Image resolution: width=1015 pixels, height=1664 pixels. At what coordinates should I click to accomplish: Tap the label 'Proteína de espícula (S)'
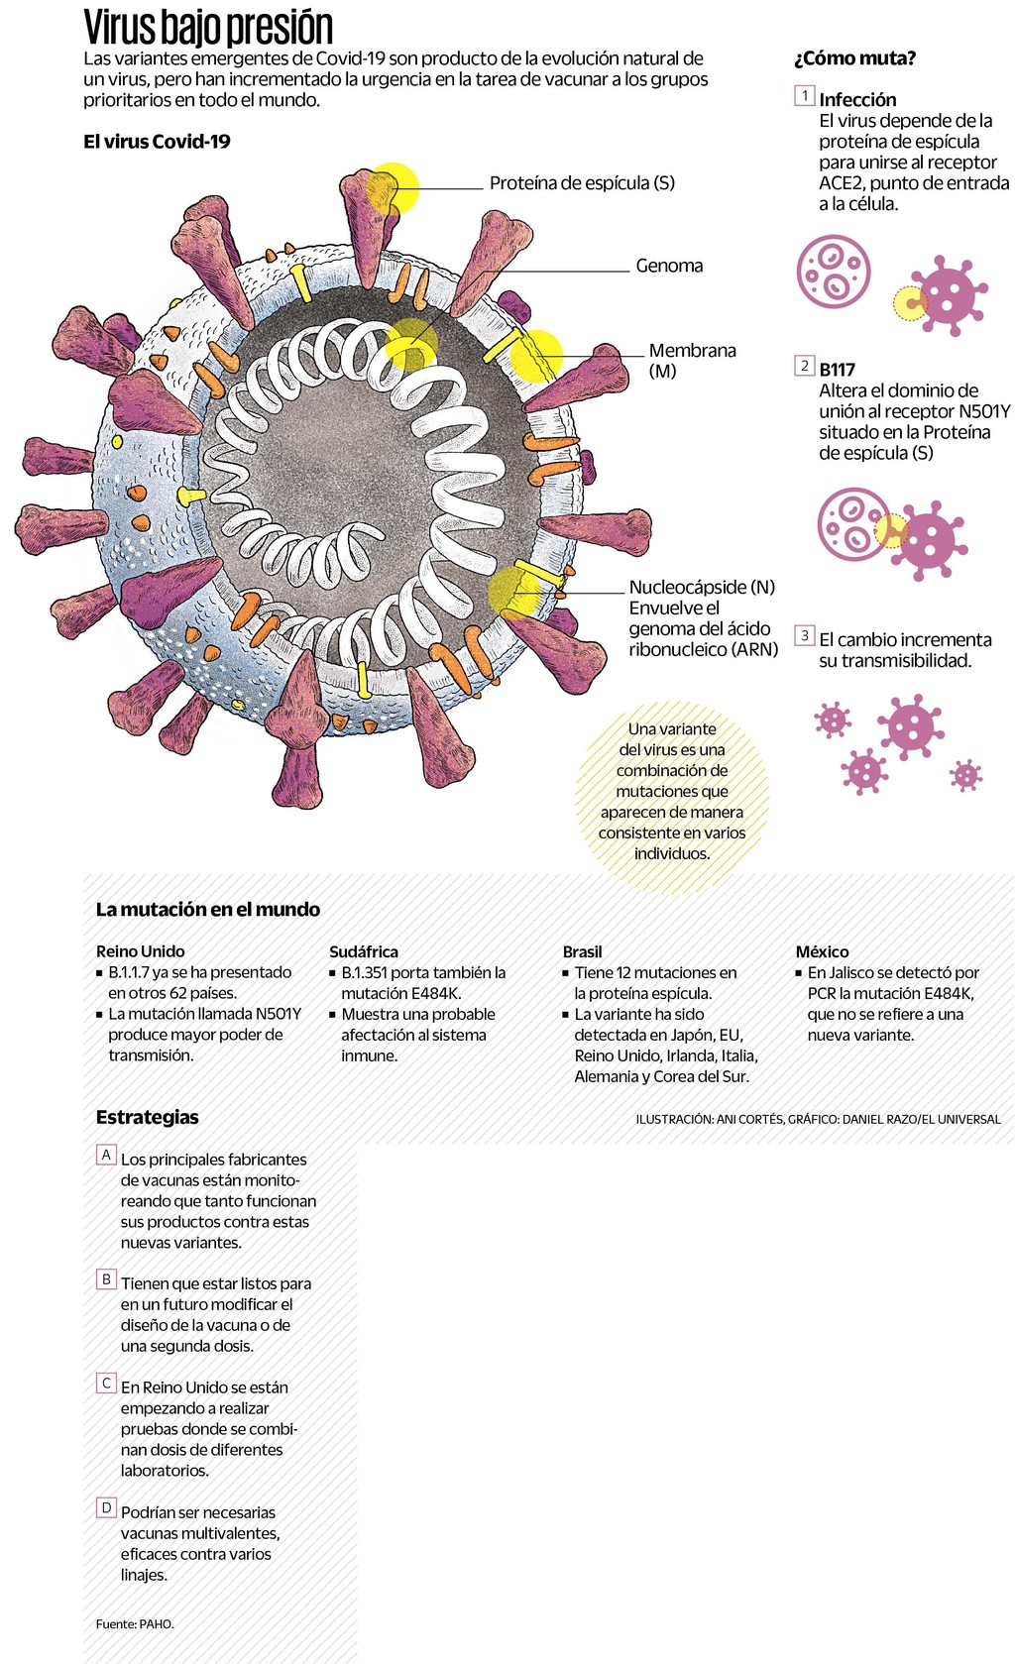click(x=582, y=183)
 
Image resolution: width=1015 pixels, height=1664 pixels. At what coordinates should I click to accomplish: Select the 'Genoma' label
click(x=669, y=266)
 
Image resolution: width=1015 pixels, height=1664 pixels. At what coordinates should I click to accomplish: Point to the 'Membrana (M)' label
click(x=692, y=360)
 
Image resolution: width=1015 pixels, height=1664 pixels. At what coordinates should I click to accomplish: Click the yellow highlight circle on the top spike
click(x=393, y=188)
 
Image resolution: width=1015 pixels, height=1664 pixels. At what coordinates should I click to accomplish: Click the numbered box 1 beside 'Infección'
click(x=805, y=96)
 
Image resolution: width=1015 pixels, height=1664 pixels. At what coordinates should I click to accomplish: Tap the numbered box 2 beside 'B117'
click(x=805, y=366)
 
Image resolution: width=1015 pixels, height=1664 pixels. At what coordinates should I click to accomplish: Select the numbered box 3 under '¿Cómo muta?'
click(x=805, y=635)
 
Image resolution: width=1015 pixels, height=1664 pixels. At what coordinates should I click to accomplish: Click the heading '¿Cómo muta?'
click(x=854, y=58)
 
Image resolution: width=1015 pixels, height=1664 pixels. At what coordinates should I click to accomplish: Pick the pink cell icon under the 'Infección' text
click(x=834, y=272)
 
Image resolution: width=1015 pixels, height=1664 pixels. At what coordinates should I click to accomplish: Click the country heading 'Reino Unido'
click(x=141, y=951)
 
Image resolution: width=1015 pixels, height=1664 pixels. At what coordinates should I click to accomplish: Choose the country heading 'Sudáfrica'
click(x=364, y=951)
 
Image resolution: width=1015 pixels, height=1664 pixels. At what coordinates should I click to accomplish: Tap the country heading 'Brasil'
click(x=583, y=951)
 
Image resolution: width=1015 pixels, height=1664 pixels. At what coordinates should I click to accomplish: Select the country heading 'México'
click(x=823, y=951)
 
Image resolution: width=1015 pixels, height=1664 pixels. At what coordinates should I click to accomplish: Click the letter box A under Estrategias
click(x=106, y=1155)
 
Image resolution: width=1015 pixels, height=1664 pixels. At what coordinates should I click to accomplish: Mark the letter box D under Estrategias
click(x=106, y=1507)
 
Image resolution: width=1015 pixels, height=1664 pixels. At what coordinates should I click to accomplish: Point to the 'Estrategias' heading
click(x=148, y=1117)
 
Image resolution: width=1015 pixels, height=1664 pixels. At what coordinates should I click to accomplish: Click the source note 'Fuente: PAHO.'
click(x=135, y=1623)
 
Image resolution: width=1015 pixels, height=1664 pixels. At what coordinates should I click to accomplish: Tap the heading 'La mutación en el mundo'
click(x=208, y=909)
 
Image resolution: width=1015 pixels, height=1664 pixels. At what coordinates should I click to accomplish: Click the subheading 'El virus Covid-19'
click(x=157, y=142)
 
